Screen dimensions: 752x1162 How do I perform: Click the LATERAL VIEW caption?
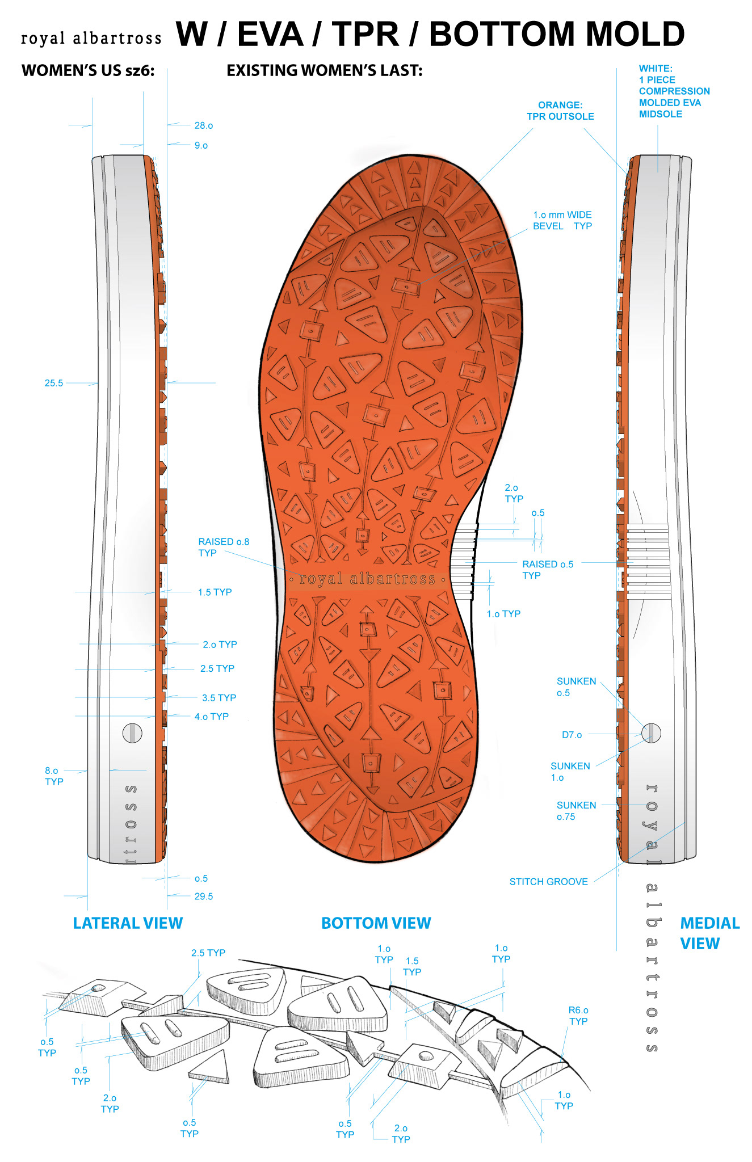[128, 923]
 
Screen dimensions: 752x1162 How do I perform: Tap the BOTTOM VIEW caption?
[376, 923]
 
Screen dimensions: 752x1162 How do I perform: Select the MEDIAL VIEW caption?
[709, 933]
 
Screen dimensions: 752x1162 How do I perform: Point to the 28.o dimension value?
[204, 125]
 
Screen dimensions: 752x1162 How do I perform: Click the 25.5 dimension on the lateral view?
[54, 383]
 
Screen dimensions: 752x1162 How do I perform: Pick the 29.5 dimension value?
[204, 896]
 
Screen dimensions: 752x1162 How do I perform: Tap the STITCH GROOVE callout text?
[548, 882]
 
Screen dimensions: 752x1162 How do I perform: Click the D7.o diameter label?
[572, 735]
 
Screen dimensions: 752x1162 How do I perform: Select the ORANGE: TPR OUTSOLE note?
[560, 111]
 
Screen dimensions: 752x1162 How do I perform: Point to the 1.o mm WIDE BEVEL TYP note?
[562, 220]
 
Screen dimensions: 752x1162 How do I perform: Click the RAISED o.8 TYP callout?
[224, 547]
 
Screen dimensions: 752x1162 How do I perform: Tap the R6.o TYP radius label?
[578, 1015]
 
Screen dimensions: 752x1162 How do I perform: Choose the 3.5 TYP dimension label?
[219, 697]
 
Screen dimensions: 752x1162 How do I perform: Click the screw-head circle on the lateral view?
[132, 732]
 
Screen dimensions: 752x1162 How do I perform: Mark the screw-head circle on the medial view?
[651, 732]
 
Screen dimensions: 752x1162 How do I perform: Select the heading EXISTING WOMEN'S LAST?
[325, 70]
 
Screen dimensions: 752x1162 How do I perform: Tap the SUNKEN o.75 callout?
[575, 811]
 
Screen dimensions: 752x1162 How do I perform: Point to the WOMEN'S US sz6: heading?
[88, 70]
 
